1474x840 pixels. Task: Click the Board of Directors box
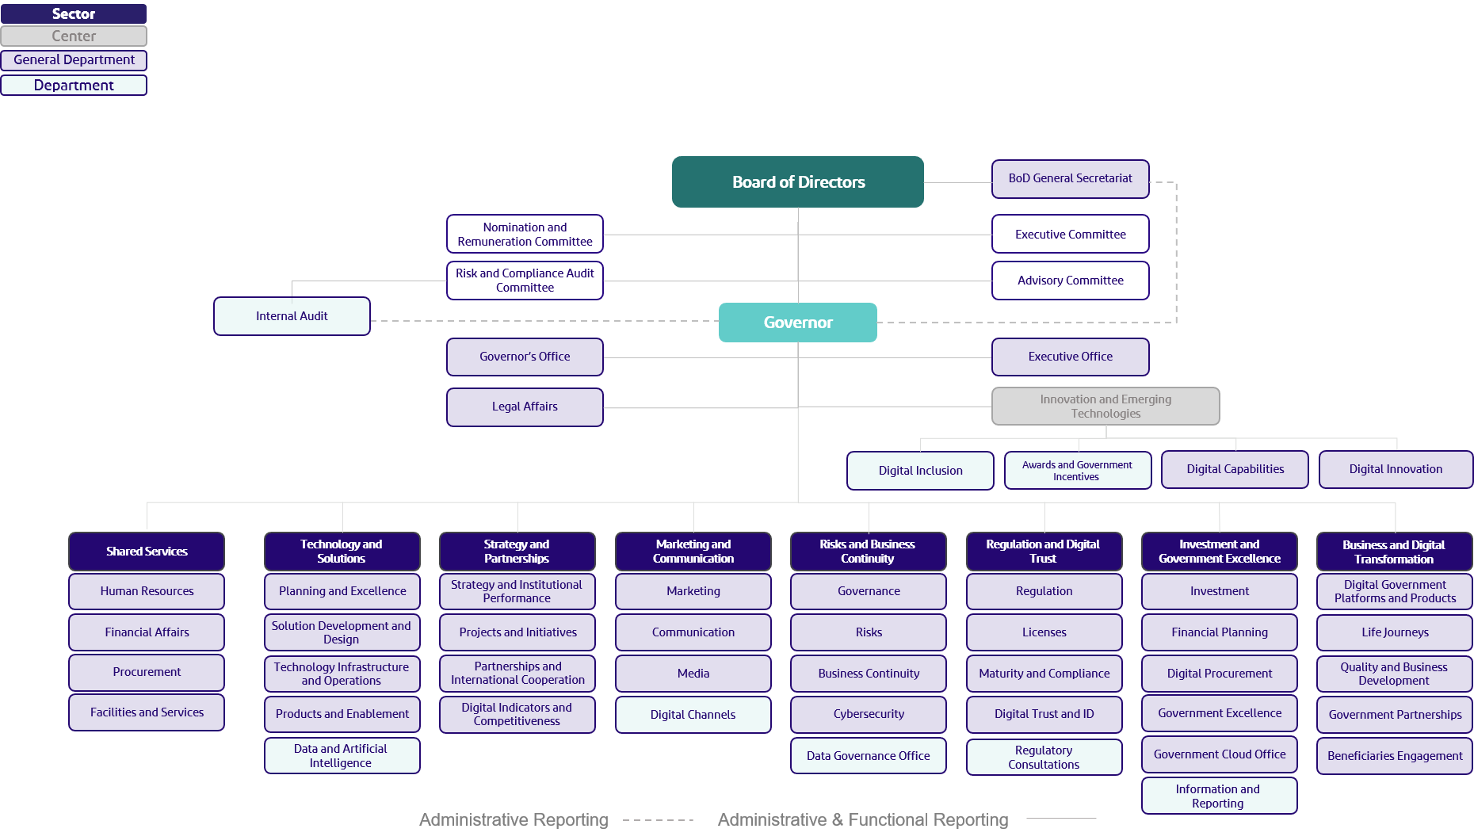pyautogui.click(x=798, y=182)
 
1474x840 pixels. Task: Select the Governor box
pyautogui.click(x=798, y=323)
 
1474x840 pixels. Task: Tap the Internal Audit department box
pyautogui.click(x=292, y=316)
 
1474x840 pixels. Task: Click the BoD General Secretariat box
pyautogui.click(x=1070, y=178)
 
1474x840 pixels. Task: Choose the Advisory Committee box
pyautogui.click(x=1070, y=281)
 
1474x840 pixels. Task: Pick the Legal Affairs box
pyautogui.click(x=525, y=407)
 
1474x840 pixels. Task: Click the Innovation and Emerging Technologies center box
pyautogui.click(x=1105, y=407)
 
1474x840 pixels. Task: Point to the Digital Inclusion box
pyautogui.click(x=920, y=471)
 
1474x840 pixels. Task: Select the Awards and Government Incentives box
pyautogui.click(x=1077, y=471)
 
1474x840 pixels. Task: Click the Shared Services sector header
pyautogui.click(x=147, y=552)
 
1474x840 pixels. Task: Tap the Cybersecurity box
pyautogui.click(x=869, y=714)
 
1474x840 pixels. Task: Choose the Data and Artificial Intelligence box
pyautogui.click(x=342, y=756)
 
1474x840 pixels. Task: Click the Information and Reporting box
pyautogui.click(x=1219, y=796)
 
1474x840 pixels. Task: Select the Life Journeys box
pyautogui.click(x=1395, y=632)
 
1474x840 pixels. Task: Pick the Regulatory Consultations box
pyautogui.click(x=1044, y=758)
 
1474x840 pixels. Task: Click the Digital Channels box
pyautogui.click(x=693, y=715)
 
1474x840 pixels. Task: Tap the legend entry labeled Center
pyautogui.click(x=74, y=36)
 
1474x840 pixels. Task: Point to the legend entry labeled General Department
pyautogui.click(x=74, y=60)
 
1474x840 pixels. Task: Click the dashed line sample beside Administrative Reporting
pyautogui.click(x=658, y=820)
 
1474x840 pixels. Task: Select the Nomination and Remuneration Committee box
pyautogui.click(x=525, y=235)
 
